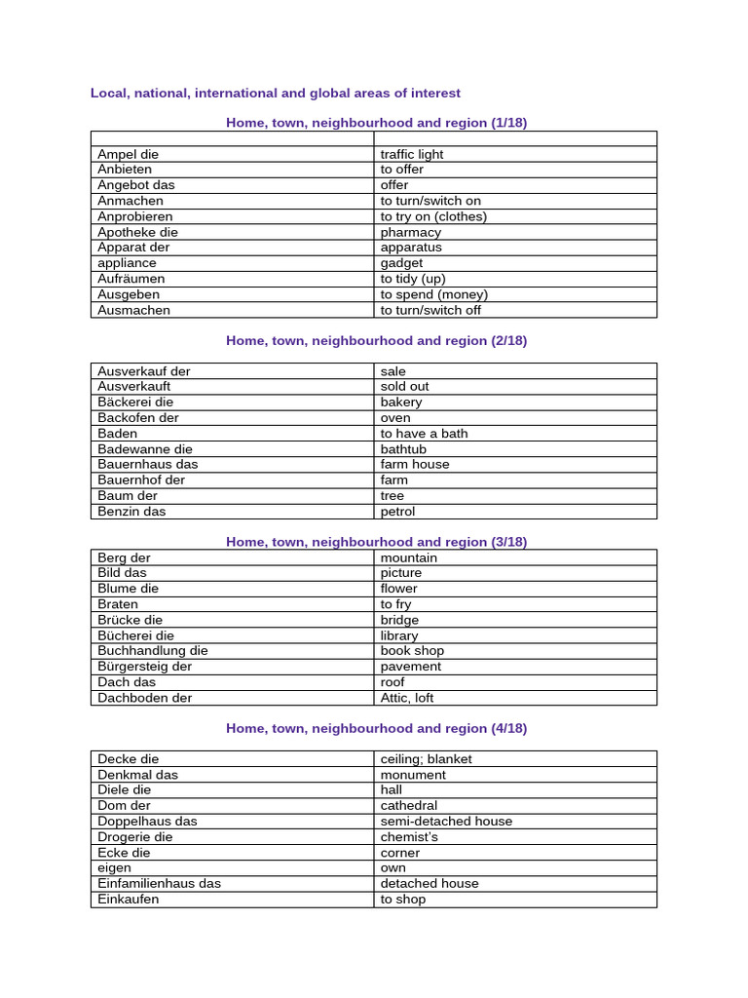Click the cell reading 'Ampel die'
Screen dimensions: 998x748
(128, 154)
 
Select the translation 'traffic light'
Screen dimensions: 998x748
(412, 154)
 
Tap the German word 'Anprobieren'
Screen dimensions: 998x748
(135, 216)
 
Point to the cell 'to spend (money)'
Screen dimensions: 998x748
(434, 294)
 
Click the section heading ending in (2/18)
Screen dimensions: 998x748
(376, 341)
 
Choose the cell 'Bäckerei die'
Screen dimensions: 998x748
(135, 402)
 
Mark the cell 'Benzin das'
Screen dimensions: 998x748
(131, 512)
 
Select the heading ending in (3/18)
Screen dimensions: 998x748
(376, 542)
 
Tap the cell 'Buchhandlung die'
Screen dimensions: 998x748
(153, 651)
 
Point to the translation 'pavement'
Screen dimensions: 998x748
(411, 667)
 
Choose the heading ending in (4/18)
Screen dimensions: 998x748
(376, 728)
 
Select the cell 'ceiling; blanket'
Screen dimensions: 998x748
(427, 759)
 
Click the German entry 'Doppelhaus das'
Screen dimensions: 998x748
(147, 822)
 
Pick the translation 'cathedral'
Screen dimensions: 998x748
(409, 806)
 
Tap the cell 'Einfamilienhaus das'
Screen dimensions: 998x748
(159, 884)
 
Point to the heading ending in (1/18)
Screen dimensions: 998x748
(376, 123)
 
